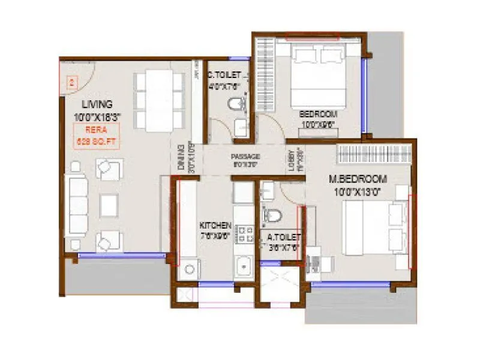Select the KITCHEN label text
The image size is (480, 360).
coord(215,225)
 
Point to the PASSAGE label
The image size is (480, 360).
coord(245,157)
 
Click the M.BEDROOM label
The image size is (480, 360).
coord(357,179)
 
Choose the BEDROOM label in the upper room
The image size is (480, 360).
coord(318,113)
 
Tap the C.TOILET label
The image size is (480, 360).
coord(224,76)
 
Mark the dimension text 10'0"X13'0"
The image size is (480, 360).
coord(357,191)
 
